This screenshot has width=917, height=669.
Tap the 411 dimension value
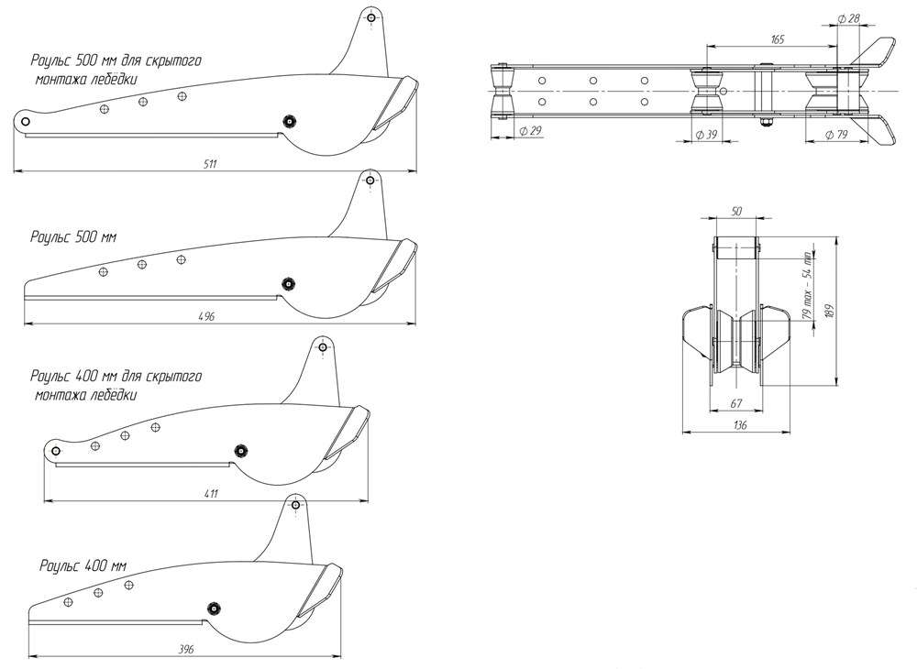[211, 493]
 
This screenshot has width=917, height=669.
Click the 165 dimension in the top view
[777, 39]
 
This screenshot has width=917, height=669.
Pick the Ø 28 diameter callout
[849, 18]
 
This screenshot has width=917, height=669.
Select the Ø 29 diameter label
[530, 132]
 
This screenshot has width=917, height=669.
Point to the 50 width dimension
[736, 212]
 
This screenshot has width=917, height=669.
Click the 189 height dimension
[830, 312]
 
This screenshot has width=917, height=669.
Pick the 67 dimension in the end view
[735, 404]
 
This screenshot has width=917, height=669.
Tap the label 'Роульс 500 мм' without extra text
[73, 236]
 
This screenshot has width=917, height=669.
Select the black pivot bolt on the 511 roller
[290, 121]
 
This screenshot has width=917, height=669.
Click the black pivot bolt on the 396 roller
[214, 607]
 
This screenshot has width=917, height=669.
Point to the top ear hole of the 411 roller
[323, 347]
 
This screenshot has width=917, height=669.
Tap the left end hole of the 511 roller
[25, 122]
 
